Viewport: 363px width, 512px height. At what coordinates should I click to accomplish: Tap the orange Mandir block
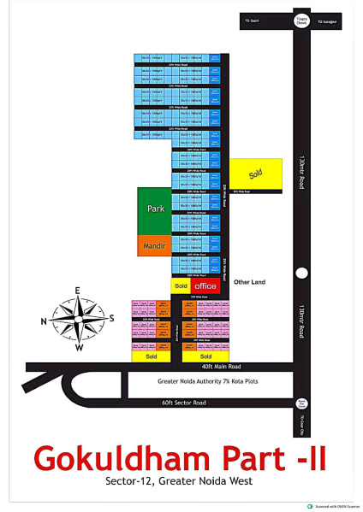tap(155, 244)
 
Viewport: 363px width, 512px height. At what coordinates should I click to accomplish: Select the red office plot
tap(205, 285)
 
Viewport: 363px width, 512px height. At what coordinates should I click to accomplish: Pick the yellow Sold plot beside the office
tap(181, 285)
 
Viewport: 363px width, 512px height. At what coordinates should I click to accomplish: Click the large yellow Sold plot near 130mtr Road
tap(255, 174)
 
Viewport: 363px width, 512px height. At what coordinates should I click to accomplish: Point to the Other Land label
tap(250, 281)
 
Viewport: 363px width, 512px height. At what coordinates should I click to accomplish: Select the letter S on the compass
tap(111, 319)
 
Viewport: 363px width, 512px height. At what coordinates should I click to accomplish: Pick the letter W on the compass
tap(79, 348)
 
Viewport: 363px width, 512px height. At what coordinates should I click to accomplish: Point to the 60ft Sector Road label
tap(184, 402)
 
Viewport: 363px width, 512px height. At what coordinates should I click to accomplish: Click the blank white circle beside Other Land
tap(301, 274)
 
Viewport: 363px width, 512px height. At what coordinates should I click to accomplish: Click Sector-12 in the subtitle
tap(130, 480)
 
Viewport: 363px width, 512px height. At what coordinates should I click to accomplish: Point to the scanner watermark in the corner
tap(332, 506)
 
